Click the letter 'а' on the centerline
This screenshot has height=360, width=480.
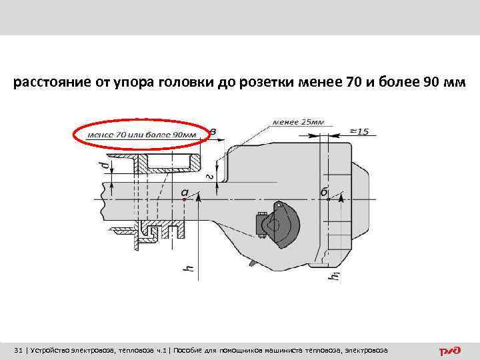click(185, 192)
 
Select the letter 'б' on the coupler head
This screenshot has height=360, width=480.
click(324, 192)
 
